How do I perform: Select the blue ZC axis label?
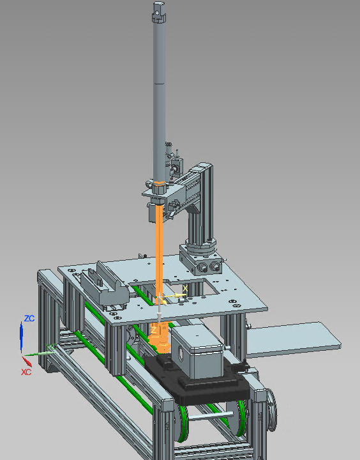tap(29, 318)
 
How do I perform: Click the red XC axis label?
tap(26, 371)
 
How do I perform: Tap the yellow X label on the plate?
tap(185, 289)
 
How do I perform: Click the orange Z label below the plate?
tap(153, 330)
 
